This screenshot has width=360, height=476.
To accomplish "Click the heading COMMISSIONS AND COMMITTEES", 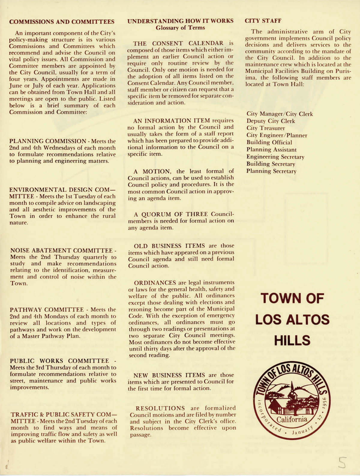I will pos(62,22).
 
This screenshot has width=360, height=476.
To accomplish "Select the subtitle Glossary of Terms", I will pos(180,28).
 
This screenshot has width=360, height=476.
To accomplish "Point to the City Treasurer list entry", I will pos(266,128).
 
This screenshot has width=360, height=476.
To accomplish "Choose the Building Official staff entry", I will pos(269,142).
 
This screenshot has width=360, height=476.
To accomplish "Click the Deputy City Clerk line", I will pos(271,121).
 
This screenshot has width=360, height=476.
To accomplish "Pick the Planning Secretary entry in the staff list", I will pos(271,171).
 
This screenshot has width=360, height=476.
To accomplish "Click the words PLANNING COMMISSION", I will pos(48,141).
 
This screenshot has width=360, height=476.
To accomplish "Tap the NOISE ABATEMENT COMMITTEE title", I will pos(61,250).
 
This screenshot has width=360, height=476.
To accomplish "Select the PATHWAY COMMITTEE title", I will pos(47,310).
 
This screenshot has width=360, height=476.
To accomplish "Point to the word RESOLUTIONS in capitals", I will pos(160,408).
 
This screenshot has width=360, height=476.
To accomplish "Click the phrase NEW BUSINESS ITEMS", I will pos(169,375).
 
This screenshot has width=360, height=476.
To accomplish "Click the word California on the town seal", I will pos(292,420).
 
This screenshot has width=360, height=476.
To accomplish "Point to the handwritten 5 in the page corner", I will pos(342,463).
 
